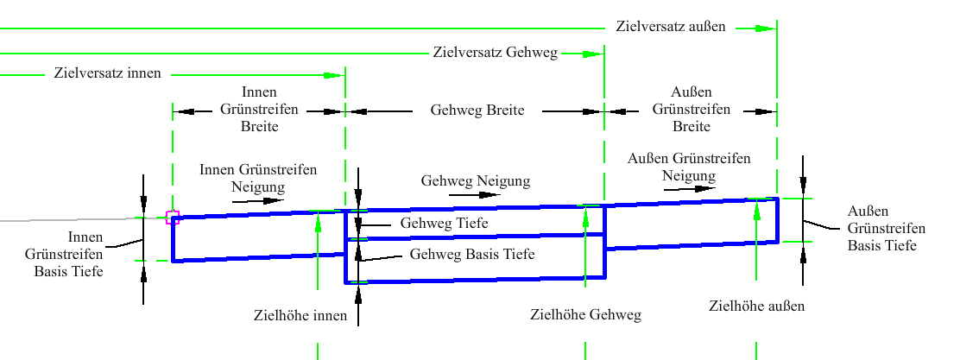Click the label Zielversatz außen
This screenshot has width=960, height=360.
click(x=671, y=27)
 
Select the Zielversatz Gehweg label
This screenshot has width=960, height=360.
click(x=496, y=53)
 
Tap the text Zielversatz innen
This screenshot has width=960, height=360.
click(x=107, y=73)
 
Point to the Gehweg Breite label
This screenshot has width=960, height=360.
click(x=477, y=111)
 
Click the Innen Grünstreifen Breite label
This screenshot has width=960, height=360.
click(x=259, y=110)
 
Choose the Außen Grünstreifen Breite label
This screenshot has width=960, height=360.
click(x=692, y=110)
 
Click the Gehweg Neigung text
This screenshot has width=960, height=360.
click(x=476, y=181)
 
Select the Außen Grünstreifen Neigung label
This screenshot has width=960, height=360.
click(x=690, y=167)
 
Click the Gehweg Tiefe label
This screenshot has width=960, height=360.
click(x=445, y=224)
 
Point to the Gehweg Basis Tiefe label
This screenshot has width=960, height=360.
click(x=472, y=254)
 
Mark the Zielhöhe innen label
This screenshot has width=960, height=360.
click(x=300, y=316)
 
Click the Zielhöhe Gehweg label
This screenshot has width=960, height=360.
click(x=585, y=315)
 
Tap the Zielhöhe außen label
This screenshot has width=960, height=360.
click(x=757, y=306)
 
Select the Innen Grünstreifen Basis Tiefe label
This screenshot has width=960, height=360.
click(x=68, y=254)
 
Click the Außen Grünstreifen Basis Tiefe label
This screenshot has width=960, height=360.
click(x=887, y=229)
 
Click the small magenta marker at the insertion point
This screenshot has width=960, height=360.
click(x=172, y=218)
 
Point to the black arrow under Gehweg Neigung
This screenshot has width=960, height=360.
click(x=475, y=195)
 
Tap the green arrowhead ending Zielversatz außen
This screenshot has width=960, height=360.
click(x=765, y=28)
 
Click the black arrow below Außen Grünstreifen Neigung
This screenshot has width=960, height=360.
click(x=690, y=188)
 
